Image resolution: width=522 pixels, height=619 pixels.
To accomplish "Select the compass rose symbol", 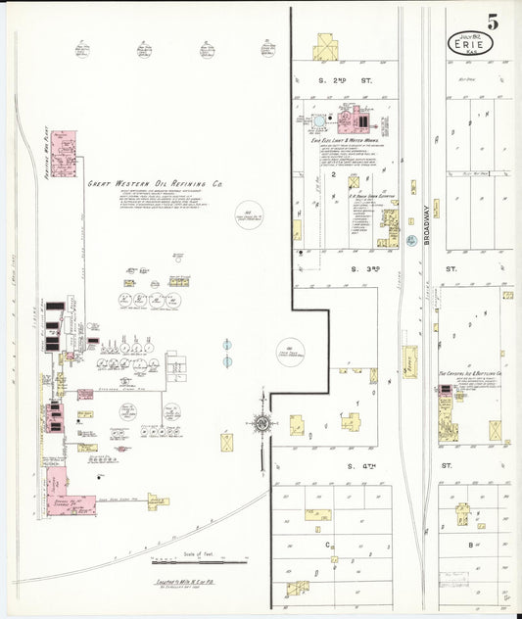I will (261, 424).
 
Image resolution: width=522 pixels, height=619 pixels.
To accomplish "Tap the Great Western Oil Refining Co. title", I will (156, 183).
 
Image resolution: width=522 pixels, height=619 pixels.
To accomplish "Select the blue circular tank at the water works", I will (319, 120).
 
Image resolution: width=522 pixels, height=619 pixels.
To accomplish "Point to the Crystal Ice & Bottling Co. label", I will (469, 374).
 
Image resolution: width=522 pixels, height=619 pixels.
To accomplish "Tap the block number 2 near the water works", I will (335, 182).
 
